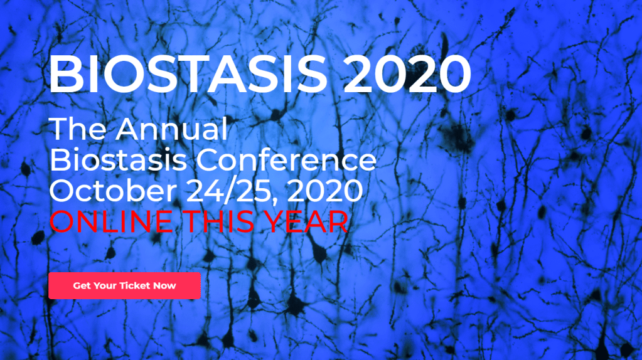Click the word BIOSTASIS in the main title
tap(188, 74)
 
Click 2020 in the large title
tap(407, 74)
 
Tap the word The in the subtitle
tap(77, 129)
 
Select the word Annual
tap(171, 129)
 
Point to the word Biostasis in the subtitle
tap(118, 160)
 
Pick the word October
tap(113, 191)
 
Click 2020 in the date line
tap(324, 191)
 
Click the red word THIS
tap(218, 221)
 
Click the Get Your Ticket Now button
tap(124, 285)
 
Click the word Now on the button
tap(164, 285)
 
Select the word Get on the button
tap(82, 285)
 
